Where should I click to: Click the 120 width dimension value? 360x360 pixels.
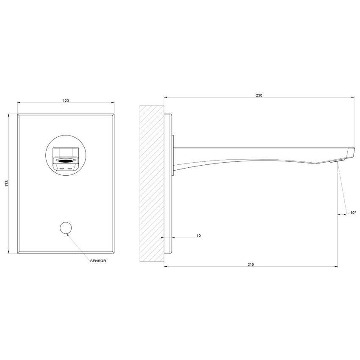[66, 100]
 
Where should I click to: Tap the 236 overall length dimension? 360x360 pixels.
[259, 95]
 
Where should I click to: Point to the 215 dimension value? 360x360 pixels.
[250, 264]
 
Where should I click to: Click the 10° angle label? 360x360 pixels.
[353, 213]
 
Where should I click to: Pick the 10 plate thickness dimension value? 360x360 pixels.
[199, 235]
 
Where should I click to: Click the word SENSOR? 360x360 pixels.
[98, 261]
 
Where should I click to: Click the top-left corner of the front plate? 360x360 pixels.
[18, 114]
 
